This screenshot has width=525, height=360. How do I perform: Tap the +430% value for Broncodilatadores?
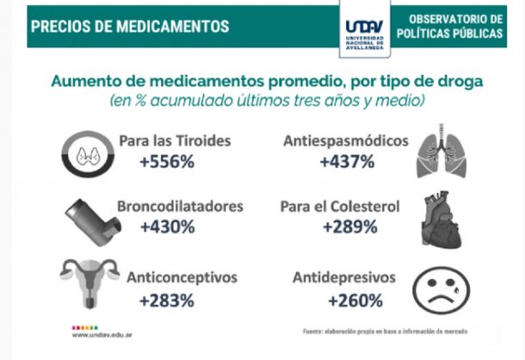coord(167,228)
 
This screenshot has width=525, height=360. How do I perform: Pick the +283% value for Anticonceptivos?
coord(167,301)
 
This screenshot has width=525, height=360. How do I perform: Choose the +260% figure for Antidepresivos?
coord(355,301)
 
